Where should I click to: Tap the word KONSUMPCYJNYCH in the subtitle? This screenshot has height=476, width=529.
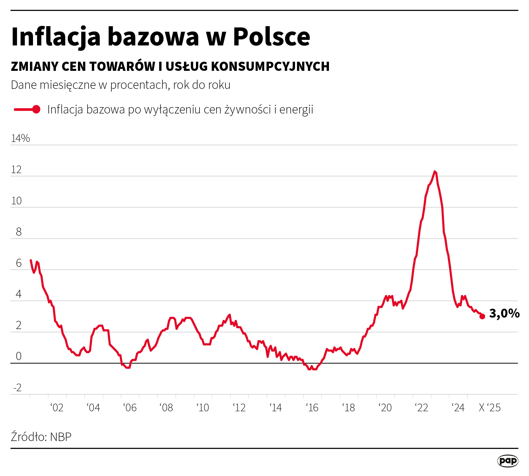pos(270,67)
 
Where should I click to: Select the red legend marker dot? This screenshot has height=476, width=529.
pos(36,109)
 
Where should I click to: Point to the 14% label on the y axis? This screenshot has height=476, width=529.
pos(20,138)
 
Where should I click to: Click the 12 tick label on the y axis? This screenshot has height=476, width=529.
pos(16,170)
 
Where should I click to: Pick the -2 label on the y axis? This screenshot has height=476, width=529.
pos(17,388)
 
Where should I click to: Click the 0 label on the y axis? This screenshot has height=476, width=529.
pos(19,356)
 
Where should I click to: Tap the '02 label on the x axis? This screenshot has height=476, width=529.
pos(57,408)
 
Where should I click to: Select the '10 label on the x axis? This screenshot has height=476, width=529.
pos(203,408)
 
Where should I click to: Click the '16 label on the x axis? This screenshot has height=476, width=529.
pos(312,408)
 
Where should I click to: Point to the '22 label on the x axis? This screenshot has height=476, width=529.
pos(422,408)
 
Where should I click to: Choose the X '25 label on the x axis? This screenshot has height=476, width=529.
pos(489,408)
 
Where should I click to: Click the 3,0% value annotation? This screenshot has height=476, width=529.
pos(504,313)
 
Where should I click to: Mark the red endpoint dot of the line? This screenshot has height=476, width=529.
pos(482,317)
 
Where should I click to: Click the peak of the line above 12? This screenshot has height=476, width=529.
pos(435,172)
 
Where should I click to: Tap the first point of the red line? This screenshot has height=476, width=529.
pos(31,260)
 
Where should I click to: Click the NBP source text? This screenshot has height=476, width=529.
pos(61,437)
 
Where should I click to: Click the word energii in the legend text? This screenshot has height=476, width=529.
pos(296,109)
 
